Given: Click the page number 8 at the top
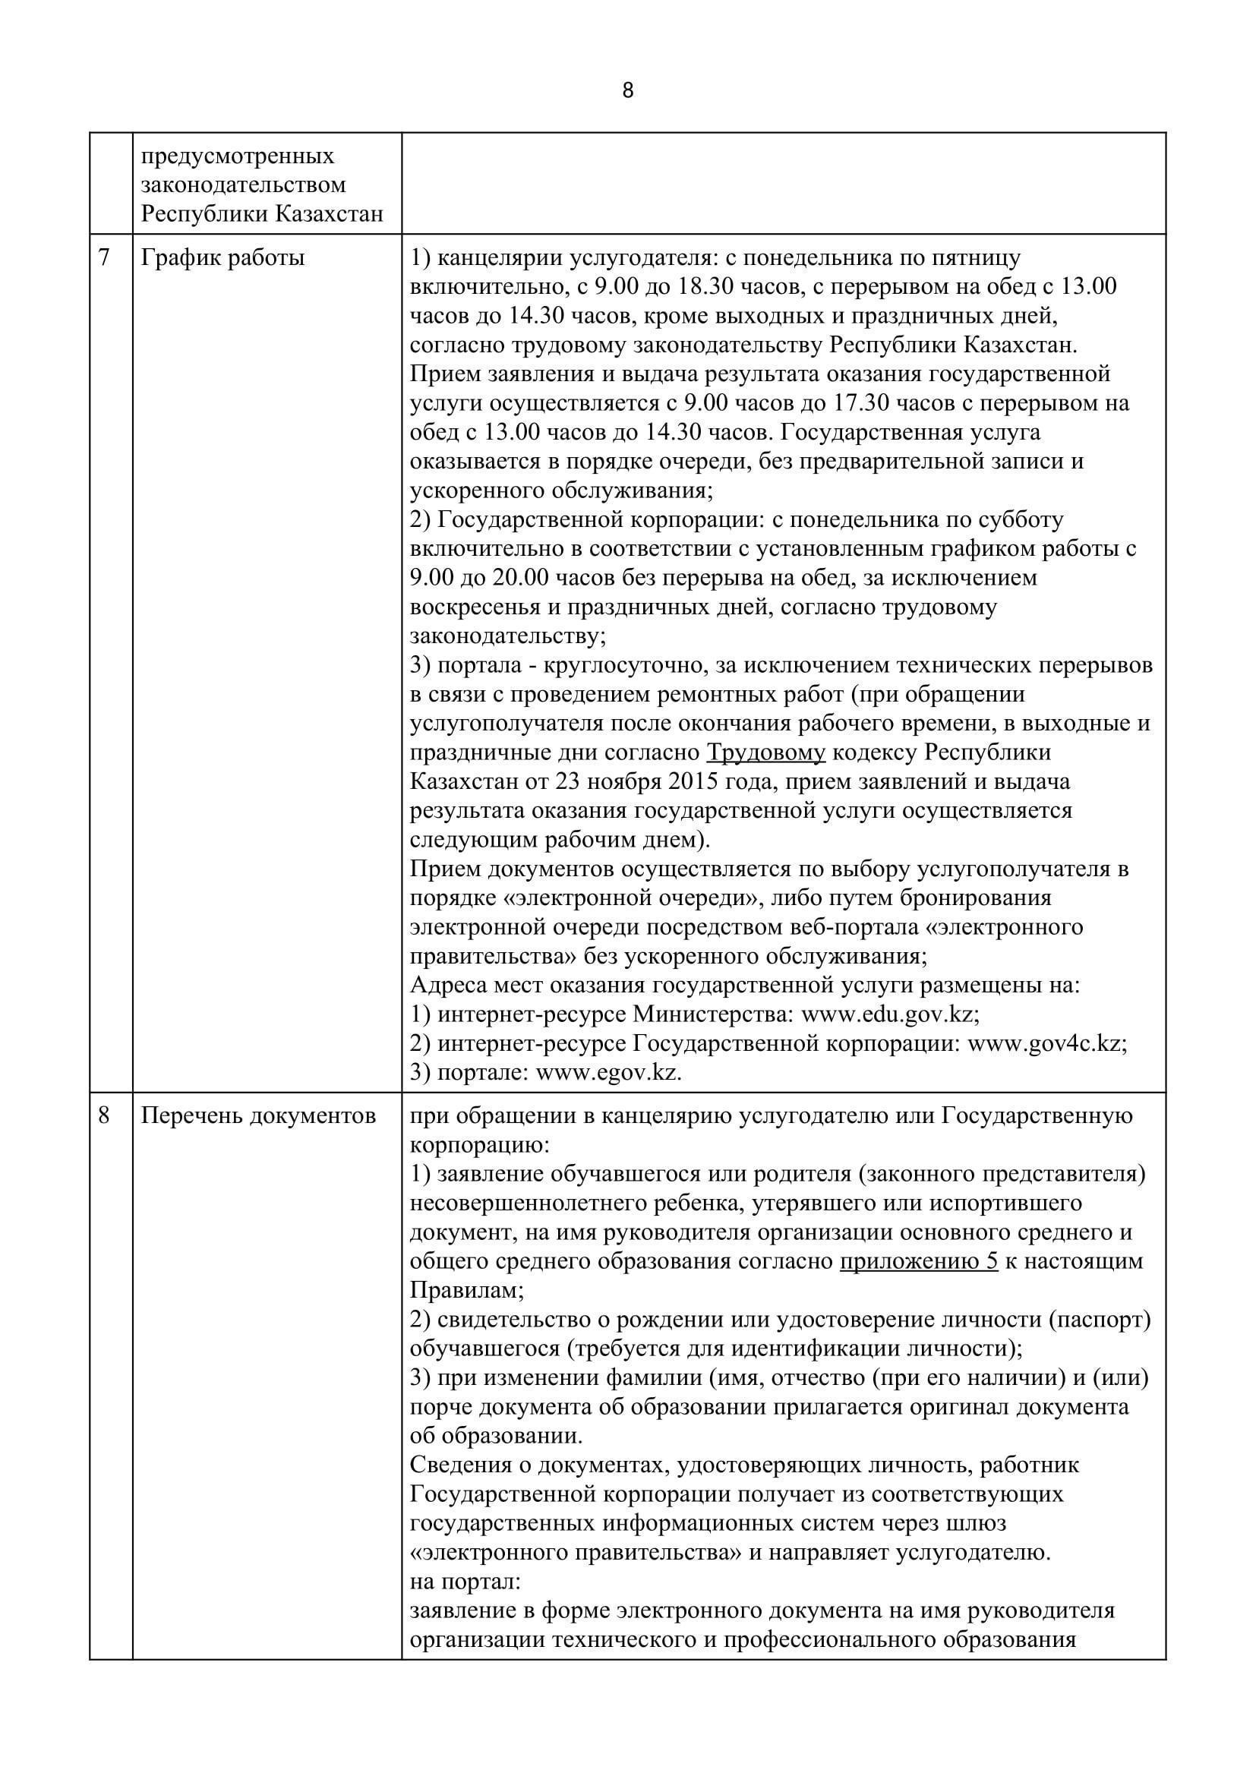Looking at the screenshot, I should (627, 91).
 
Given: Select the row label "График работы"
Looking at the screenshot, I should (222, 257).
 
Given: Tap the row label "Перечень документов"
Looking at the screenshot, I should (259, 1115).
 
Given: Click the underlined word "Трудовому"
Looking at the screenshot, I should (766, 752).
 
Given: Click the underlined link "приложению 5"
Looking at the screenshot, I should (919, 1261).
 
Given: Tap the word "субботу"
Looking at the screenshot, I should (1019, 519).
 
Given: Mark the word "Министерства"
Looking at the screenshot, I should (713, 1014).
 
